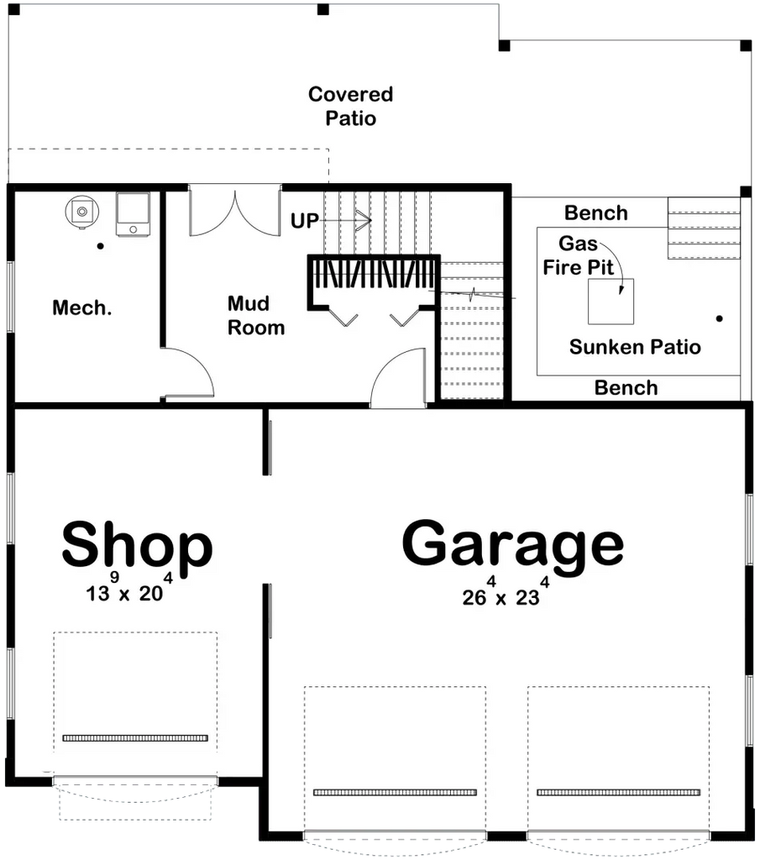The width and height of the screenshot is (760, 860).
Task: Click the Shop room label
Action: [137, 546]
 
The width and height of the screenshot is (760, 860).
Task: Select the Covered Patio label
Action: [350, 106]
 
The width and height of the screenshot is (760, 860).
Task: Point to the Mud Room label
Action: [256, 315]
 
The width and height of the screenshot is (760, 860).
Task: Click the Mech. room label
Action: [81, 308]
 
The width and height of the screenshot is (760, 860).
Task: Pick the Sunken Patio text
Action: [635, 347]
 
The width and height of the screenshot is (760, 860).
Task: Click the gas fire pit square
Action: [611, 302]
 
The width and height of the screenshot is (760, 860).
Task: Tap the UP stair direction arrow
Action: [361, 221]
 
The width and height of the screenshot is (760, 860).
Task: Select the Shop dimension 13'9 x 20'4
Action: [130, 592]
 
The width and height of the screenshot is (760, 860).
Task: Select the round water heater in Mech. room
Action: [81, 211]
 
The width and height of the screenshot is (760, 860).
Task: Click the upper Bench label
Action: [596, 213]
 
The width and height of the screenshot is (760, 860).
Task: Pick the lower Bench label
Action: [626, 387]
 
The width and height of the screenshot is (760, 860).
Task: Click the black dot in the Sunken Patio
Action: [719, 318]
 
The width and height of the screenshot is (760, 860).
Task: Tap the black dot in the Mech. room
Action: [100, 246]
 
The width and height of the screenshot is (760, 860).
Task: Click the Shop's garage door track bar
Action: [135, 738]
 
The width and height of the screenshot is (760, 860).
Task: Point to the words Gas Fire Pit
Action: [579, 256]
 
